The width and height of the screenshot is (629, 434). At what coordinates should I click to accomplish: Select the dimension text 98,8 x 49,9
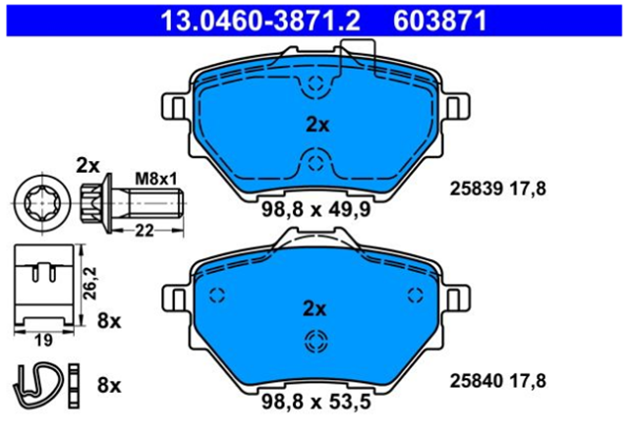315,207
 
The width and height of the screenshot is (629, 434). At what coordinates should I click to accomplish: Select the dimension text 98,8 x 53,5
315,404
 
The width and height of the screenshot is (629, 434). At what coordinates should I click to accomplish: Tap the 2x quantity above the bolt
88,164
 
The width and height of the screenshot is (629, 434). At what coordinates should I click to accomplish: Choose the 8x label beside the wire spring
109,384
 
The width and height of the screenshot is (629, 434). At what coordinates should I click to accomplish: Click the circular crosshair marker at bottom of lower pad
314,341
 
